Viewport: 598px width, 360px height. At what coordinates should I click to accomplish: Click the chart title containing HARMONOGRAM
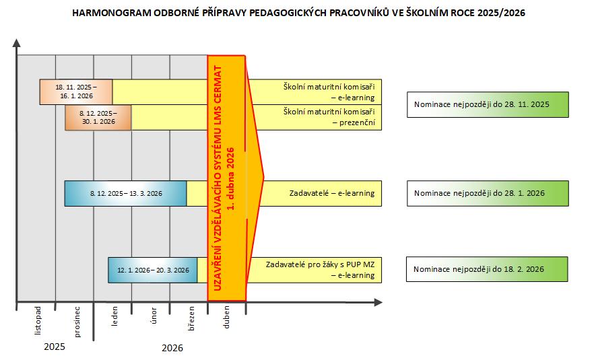click(x=299, y=13)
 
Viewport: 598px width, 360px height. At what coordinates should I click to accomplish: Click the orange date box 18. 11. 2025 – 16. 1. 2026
click(x=76, y=92)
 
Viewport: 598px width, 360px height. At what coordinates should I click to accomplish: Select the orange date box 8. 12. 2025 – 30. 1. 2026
click(x=98, y=118)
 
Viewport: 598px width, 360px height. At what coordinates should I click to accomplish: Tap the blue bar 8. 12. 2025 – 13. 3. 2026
click(x=125, y=193)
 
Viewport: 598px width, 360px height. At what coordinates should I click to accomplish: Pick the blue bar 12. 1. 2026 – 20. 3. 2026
click(x=153, y=270)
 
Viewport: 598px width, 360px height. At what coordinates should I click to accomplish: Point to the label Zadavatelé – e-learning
click(x=331, y=193)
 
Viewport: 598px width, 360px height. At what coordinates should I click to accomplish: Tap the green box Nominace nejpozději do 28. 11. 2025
click(x=488, y=105)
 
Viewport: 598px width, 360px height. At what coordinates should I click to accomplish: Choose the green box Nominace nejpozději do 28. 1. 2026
click(x=488, y=193)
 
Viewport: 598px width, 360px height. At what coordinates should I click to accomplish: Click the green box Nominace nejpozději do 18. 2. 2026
click(x=488, y=269)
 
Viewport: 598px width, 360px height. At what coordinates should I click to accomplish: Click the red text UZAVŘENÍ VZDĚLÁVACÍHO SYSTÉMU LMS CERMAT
click(x=218, y=178)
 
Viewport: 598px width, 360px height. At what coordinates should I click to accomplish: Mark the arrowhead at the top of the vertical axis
click(x=16, y=44)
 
